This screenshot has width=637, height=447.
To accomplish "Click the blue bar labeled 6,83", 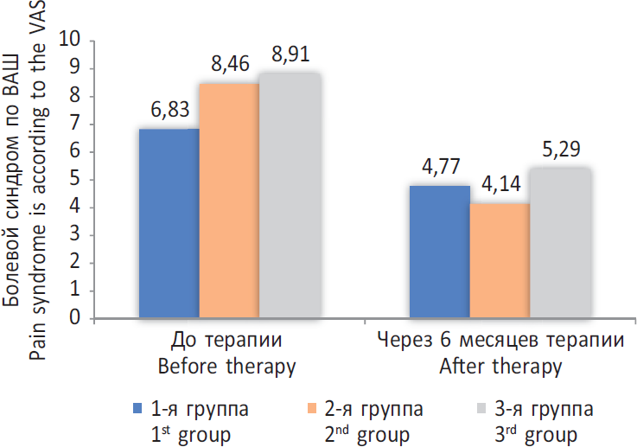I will (169, 223).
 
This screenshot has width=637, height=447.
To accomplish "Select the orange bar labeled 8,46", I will (229, 201).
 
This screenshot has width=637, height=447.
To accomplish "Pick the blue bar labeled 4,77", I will (440, 252).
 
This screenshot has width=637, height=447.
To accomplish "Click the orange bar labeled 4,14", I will (500, 260).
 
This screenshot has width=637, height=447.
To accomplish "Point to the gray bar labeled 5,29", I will (559, 244).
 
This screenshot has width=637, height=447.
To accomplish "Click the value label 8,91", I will (290, 54).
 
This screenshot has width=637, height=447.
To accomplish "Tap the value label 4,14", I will (500, 184).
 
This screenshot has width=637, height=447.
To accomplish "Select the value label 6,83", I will (169, 112).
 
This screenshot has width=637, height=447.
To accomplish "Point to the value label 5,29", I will (559, 150).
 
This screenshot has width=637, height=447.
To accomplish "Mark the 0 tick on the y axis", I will (75, 318).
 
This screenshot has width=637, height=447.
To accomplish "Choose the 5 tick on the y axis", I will (75, 180).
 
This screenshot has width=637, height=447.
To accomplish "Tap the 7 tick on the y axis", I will (75, 125).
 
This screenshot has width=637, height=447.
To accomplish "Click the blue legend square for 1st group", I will (136, 406).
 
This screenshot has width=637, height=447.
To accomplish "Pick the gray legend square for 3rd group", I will (484, 406).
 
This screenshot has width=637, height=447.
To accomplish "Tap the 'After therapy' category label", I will (500, 367).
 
